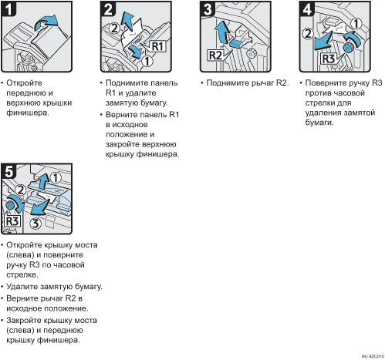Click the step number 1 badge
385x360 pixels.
click(8, 9)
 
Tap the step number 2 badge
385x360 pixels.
click(108, 9)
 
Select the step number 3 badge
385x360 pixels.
click(208, 9)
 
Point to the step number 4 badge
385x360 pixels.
click(307, 9)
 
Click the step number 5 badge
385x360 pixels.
click(8, 171)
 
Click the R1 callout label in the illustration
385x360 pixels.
click(157, 46)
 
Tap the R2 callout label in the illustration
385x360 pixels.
click(215, 56)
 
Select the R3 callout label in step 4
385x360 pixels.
click(329, 59)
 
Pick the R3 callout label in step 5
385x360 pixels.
click(12, 221)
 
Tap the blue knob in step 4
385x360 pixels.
click(348, 49)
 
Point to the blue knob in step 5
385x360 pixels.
click(10, 206)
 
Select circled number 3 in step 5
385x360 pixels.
click(35, 223)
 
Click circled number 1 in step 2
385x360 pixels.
click(147, 61)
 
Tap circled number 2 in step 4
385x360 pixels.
click(308, 34)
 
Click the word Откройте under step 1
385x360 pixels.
click(24, 83)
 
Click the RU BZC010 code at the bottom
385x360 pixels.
click(373, 357)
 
